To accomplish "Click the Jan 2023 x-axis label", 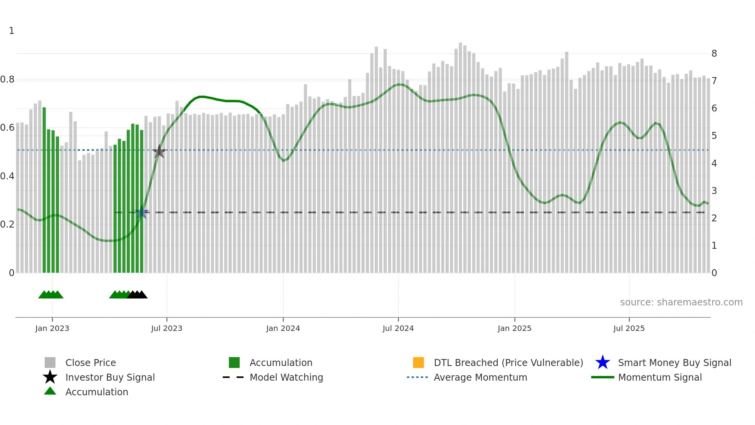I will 52,328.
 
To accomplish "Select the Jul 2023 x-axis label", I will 166,328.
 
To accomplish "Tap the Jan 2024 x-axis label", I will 283,328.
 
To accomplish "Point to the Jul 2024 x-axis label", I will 398,328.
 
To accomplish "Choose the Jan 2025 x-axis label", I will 514,328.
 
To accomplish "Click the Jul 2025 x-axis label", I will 629,328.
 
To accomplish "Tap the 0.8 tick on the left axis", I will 7,79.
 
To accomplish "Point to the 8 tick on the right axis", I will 714,54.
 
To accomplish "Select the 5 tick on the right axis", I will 714,136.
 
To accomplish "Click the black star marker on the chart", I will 159,152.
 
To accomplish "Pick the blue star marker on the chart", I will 142,212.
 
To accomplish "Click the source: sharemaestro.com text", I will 681,302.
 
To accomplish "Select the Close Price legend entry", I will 91,363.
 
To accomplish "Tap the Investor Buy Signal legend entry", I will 110,377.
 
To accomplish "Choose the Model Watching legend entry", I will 286,377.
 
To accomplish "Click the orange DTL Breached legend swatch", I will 418,363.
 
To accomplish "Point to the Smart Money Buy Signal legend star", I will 602,363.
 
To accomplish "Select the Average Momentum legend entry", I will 480,377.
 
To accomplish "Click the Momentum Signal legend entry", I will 660,377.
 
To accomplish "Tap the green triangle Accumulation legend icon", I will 50,391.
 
